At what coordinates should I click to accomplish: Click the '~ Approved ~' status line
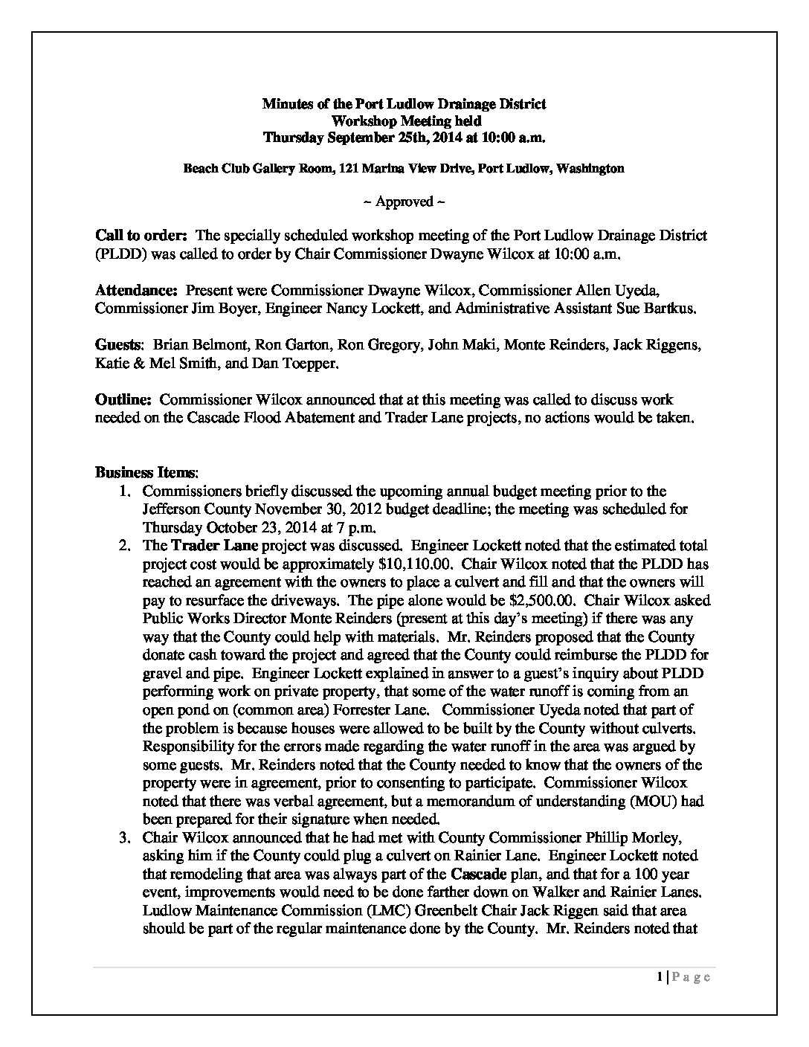pyautogui.click(x=404, y=202)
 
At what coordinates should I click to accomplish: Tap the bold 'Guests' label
pyautogui.click(x=118, y=344)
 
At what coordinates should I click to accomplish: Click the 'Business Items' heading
pyautogui.click(x=146, y=472)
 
